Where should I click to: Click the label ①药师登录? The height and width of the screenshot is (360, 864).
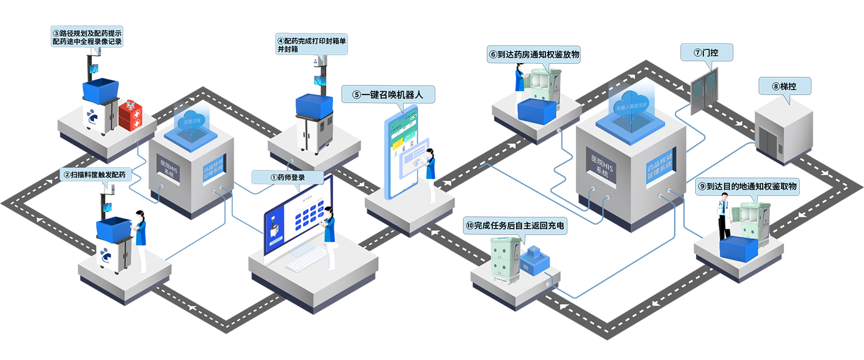point(288,177)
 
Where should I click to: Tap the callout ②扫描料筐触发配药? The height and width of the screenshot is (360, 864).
point(96,175)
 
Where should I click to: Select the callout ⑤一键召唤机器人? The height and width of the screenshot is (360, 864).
point(388,95)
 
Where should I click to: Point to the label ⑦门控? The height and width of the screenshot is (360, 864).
point(706,53)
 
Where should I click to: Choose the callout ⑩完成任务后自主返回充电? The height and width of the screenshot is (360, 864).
point(515,226)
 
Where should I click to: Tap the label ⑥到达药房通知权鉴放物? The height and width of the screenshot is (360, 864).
point(534,54)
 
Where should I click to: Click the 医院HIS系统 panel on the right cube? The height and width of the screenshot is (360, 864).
point(602,165)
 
